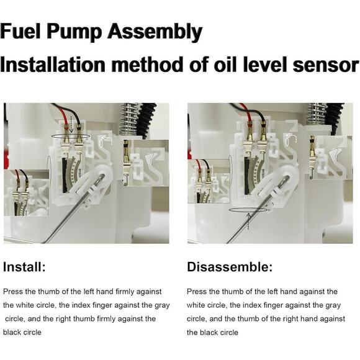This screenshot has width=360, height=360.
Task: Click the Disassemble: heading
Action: click(229, 268)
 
